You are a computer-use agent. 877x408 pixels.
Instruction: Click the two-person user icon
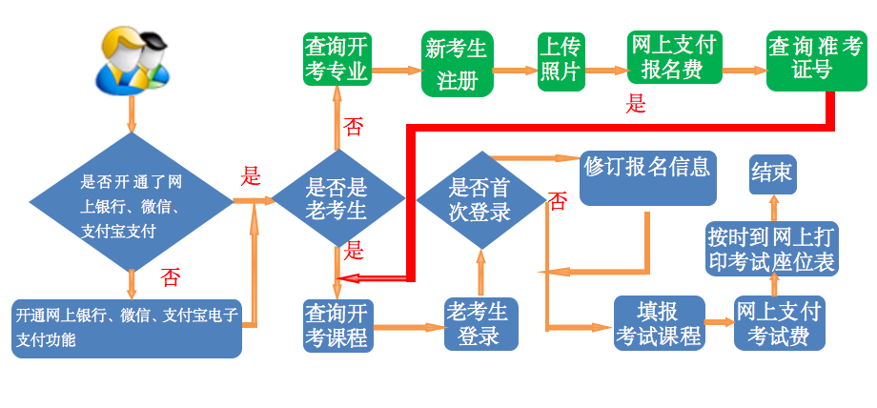(133, 59)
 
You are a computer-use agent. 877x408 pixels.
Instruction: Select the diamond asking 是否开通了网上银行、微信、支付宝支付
(132, 201)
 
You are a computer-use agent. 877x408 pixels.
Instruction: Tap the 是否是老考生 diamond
(337, 200)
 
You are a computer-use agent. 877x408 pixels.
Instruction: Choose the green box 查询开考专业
(337, 58)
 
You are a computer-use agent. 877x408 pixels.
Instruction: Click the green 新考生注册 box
(457, 64)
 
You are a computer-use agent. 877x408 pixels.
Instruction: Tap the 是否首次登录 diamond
(480, 200)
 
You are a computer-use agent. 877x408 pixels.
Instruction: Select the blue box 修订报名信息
(648, 178)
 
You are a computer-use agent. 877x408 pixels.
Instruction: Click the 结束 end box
(771, 173)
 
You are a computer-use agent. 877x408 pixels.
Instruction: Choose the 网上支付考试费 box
(779, 323)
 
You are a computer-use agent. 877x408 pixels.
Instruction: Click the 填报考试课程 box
(658, 323)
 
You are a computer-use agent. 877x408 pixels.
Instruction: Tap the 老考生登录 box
(480, 323)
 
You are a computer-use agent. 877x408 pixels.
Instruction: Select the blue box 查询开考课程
(337, 324)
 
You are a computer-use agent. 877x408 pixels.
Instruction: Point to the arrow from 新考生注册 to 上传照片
(515, 70)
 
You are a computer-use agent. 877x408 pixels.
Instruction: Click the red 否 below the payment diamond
(170, 277)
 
